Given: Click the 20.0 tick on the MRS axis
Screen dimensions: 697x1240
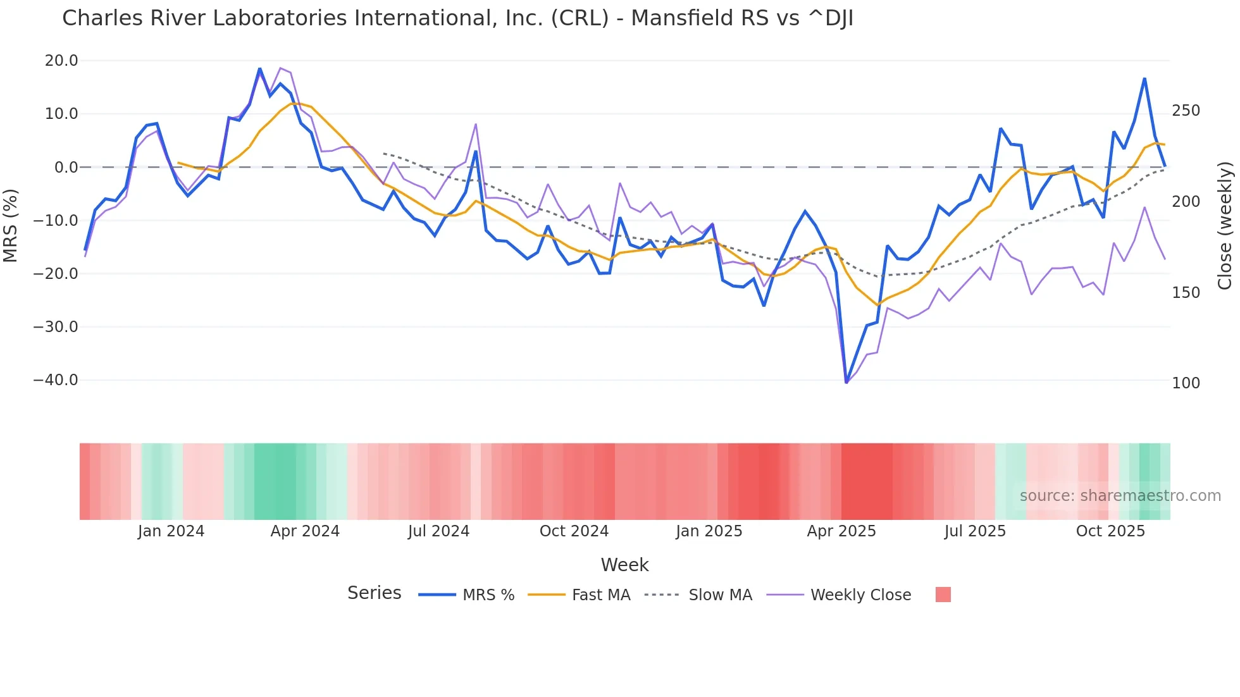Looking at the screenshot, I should (61, 61).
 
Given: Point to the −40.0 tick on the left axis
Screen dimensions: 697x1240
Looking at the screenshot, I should (56, 380).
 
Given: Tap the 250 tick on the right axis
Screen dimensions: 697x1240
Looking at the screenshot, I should (1186, 111).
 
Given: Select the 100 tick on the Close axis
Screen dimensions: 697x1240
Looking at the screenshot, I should (1186, 383).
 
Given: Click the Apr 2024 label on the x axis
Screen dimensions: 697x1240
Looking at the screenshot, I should (305, 531).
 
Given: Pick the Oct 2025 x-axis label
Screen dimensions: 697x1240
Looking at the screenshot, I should (1110, 531).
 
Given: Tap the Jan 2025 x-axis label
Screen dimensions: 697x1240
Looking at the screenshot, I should (709, 531).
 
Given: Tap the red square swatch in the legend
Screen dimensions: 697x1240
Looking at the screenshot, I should (943, 595).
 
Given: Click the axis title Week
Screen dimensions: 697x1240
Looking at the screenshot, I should (624, 565).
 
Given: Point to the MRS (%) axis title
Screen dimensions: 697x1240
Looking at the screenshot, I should (11, 225).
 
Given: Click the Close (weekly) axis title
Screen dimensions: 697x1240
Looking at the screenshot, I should (1225, 225).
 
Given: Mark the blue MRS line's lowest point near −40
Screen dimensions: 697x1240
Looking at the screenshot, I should (846, 382).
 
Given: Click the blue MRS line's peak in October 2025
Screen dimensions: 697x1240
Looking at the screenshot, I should (1144, 78).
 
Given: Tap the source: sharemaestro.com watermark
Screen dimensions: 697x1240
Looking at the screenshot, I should (1120, 496).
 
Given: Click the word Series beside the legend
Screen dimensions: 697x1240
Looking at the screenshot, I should (374, 593).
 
